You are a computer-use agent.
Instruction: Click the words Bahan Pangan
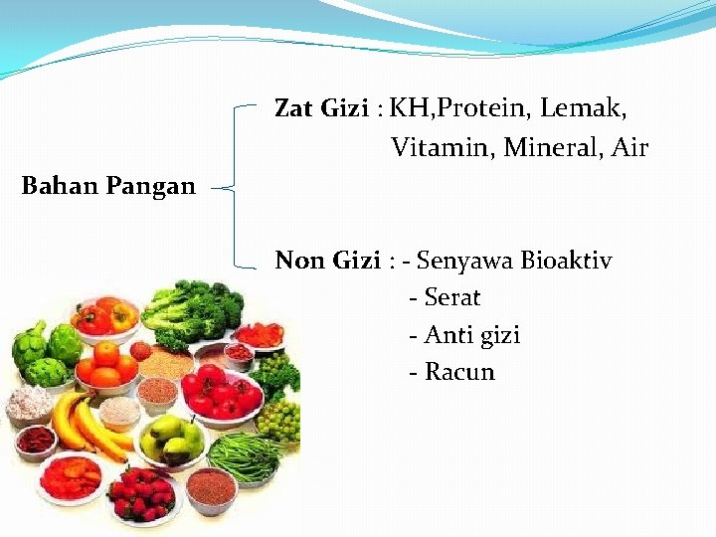point(108,186)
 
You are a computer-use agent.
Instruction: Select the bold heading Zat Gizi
point(320,108)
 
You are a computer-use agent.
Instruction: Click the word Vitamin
point(443,148)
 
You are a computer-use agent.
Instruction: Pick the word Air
point(629,148)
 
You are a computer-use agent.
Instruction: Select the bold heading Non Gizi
point(327,261)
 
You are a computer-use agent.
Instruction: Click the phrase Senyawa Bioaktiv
point(514,261)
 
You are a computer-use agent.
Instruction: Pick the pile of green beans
point(244,456)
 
